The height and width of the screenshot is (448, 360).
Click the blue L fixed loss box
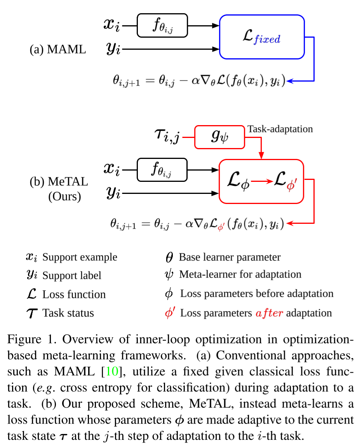tap(262, 37)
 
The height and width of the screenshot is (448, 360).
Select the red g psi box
tap(219, 137)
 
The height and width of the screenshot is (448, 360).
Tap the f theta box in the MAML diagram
tap(162, 26)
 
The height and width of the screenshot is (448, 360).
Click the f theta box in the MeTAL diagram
tap(162, 169)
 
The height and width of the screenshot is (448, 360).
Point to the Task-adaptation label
tap(280, 129)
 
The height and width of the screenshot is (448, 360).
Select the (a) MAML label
tap(58, 49)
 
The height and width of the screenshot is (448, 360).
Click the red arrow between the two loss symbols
tap(262, 181)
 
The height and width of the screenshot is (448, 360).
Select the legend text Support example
tap(80, 257)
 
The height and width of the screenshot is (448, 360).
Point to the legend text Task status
tap(68, 313)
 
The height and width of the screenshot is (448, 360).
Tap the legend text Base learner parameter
tap(230, 257)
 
